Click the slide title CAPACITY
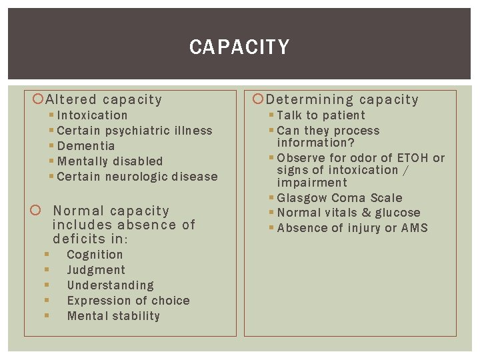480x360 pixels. [x=239, y=47]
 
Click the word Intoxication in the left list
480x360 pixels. [x=92, y=115]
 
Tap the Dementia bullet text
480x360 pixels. [x=86, y=146]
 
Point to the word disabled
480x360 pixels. [x=137, y=161]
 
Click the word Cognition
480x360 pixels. [x=95, y=255]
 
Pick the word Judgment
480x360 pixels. [x=96, y=270]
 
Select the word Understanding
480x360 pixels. [x=110, y=285]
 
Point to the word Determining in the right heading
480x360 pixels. [x=310, y=100]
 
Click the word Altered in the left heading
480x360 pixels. [x=71, y=100]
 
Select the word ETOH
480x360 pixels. [x=413, y=158]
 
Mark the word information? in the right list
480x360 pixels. [x=316, y=143]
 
